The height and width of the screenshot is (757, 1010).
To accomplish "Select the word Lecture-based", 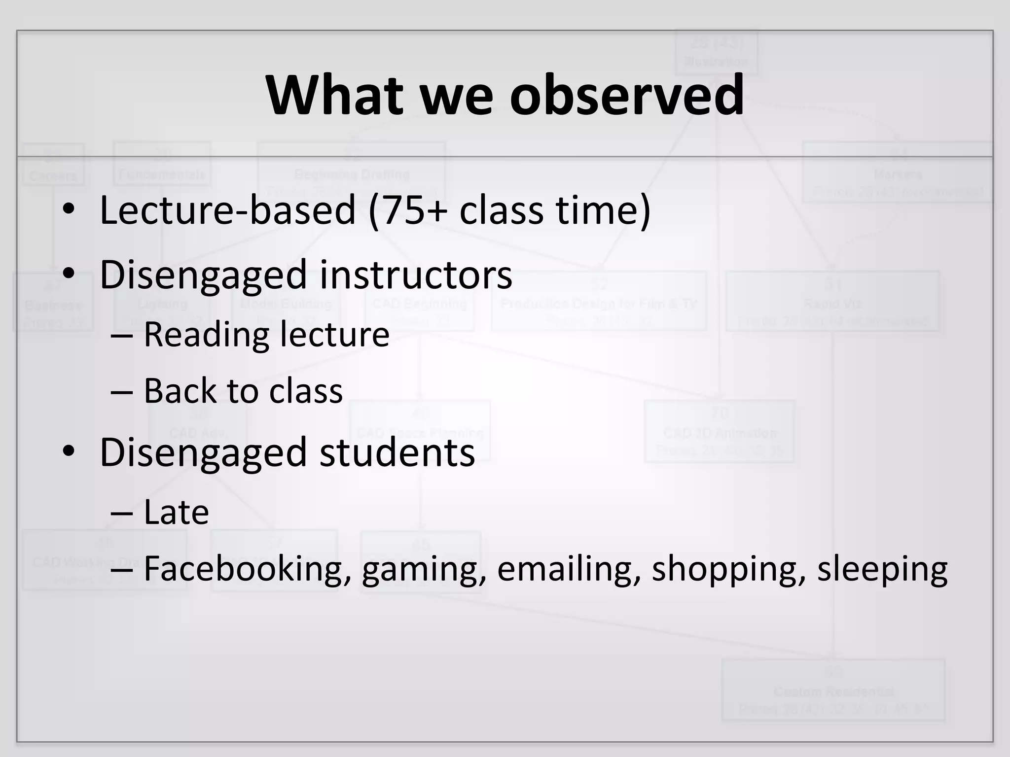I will [x=227, y=210].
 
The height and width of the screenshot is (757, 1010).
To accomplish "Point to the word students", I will [x=397, y=452].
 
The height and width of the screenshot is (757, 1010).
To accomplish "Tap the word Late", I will [x=176, y=513].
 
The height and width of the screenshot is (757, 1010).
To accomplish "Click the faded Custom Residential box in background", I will [x=833, y=690].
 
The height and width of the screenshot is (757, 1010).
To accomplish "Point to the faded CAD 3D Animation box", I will [x=720, y=432].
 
